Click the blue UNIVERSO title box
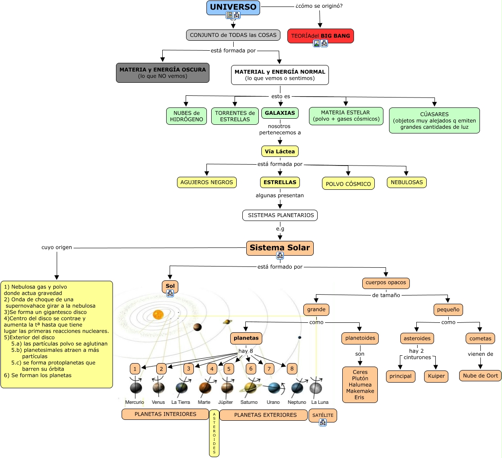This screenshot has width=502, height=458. point(233,7)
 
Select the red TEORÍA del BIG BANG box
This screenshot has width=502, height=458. point(320,36)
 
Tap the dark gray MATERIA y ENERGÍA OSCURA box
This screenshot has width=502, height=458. point(163,73)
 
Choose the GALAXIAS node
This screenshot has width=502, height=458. point(280,113)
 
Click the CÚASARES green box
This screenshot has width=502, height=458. point(434,120)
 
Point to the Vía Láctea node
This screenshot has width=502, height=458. point(280,152)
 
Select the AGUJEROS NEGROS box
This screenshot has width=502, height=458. point(206,182)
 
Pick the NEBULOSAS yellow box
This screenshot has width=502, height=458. point(406,182)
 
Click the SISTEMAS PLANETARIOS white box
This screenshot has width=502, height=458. point(280,215)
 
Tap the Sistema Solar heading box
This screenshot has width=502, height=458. point(280,248)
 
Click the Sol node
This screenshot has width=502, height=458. point(170,286)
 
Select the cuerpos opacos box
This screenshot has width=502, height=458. point(386,283)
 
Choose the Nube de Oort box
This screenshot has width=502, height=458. point(480,376)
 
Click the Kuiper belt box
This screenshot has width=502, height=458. point(436,376)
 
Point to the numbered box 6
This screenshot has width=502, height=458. point(251,369)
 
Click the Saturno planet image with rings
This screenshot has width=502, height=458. point(250,387)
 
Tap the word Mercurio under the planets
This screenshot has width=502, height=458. point(135,403)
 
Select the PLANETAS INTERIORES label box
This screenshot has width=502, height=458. point(165,414)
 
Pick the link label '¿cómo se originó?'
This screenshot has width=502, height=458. point(319,6)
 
